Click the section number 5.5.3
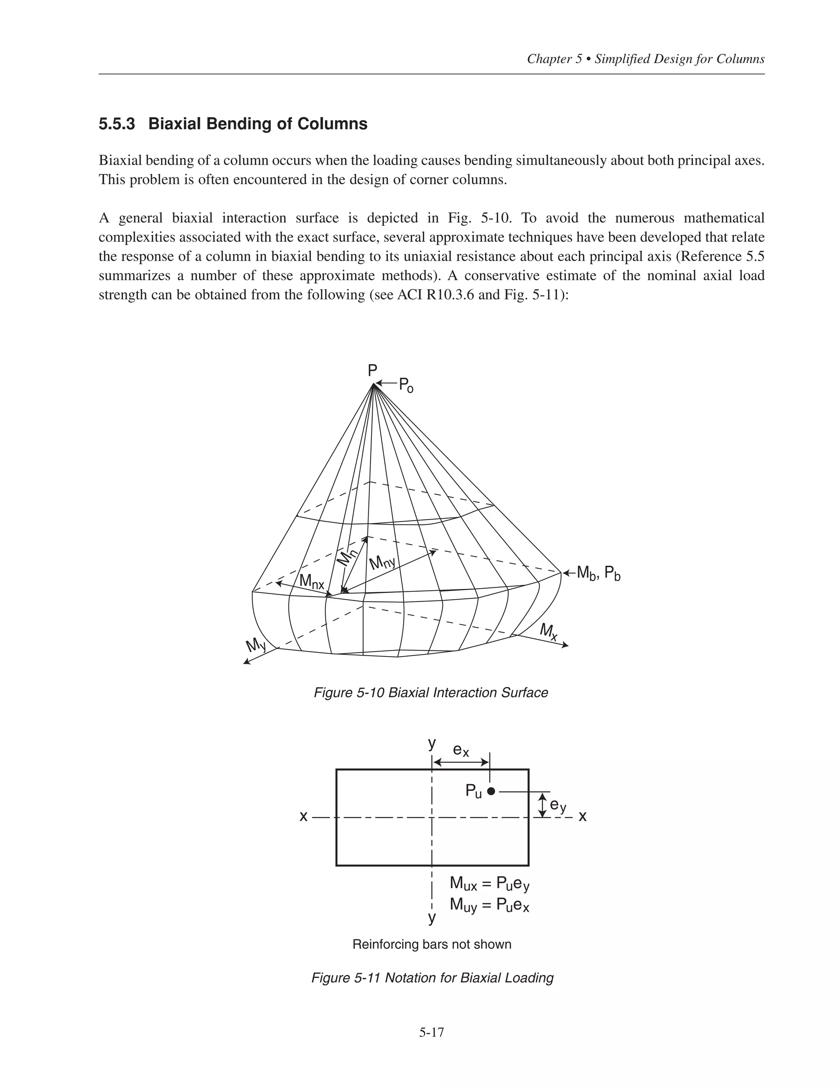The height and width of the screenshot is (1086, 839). coord(117,124)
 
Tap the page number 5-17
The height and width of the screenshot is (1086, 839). coord(431,1032)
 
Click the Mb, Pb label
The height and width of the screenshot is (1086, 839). coord(599,574)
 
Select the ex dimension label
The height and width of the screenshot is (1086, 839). coord(461,750)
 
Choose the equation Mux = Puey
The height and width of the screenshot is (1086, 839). coord(490,884)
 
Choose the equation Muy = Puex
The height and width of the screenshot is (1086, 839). coord(490,904)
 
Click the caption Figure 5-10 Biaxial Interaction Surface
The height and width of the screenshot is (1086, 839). coord(431,693)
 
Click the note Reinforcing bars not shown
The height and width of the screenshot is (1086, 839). coord(432,944)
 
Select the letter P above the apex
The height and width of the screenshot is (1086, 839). coord(372,370)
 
